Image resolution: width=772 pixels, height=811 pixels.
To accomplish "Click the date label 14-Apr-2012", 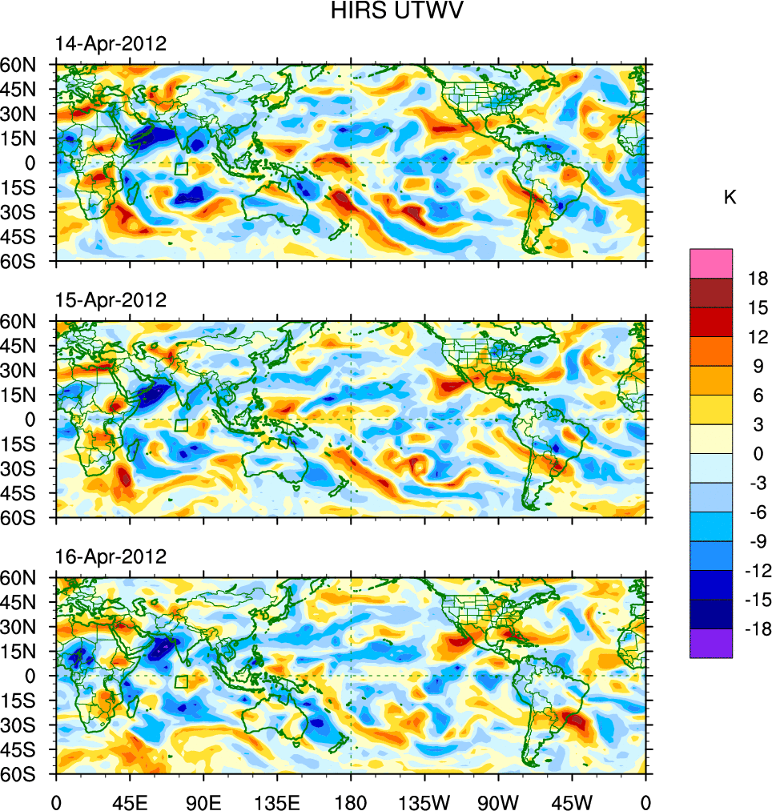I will (111, 44).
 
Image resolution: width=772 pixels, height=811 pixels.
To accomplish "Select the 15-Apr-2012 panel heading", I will (111, 300).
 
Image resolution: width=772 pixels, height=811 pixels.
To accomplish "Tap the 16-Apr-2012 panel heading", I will (111, 556).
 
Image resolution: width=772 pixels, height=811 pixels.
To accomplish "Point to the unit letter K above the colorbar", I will (730, 198).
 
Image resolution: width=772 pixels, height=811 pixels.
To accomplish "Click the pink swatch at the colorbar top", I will (711, 263).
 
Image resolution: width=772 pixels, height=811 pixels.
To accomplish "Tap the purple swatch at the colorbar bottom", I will (711, 643).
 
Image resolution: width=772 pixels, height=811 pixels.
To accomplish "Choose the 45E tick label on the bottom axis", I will (130, 801).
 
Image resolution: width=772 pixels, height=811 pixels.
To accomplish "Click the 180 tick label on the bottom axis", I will (351, 801).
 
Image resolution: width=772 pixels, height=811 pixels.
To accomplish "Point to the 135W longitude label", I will (424, 801).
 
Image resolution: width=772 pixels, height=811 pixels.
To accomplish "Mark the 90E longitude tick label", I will (203, 801).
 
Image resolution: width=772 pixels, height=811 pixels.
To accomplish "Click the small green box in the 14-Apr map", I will (181, 169).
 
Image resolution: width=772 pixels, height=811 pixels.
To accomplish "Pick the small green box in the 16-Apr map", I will (181, 681).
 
